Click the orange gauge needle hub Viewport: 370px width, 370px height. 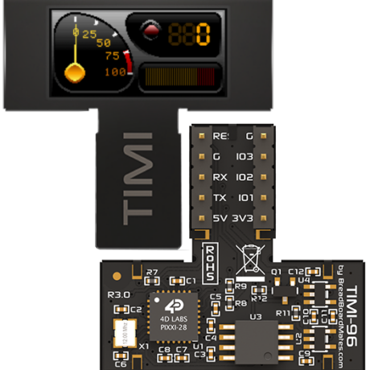click(x=75, y=74)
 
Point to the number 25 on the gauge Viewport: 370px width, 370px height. click(x=88, y=34)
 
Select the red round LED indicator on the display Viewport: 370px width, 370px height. click(x=150, y=32)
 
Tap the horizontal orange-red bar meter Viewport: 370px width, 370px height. click(x=178, y=77)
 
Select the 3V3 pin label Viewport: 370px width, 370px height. click(x=245, y=218)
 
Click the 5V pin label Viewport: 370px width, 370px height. click(x=220, y=218)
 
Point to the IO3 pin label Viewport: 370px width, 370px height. click(x=245, y=157)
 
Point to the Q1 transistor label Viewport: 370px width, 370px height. click(x=275, y=272)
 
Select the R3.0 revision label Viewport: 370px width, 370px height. click(x=118, y=294)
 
